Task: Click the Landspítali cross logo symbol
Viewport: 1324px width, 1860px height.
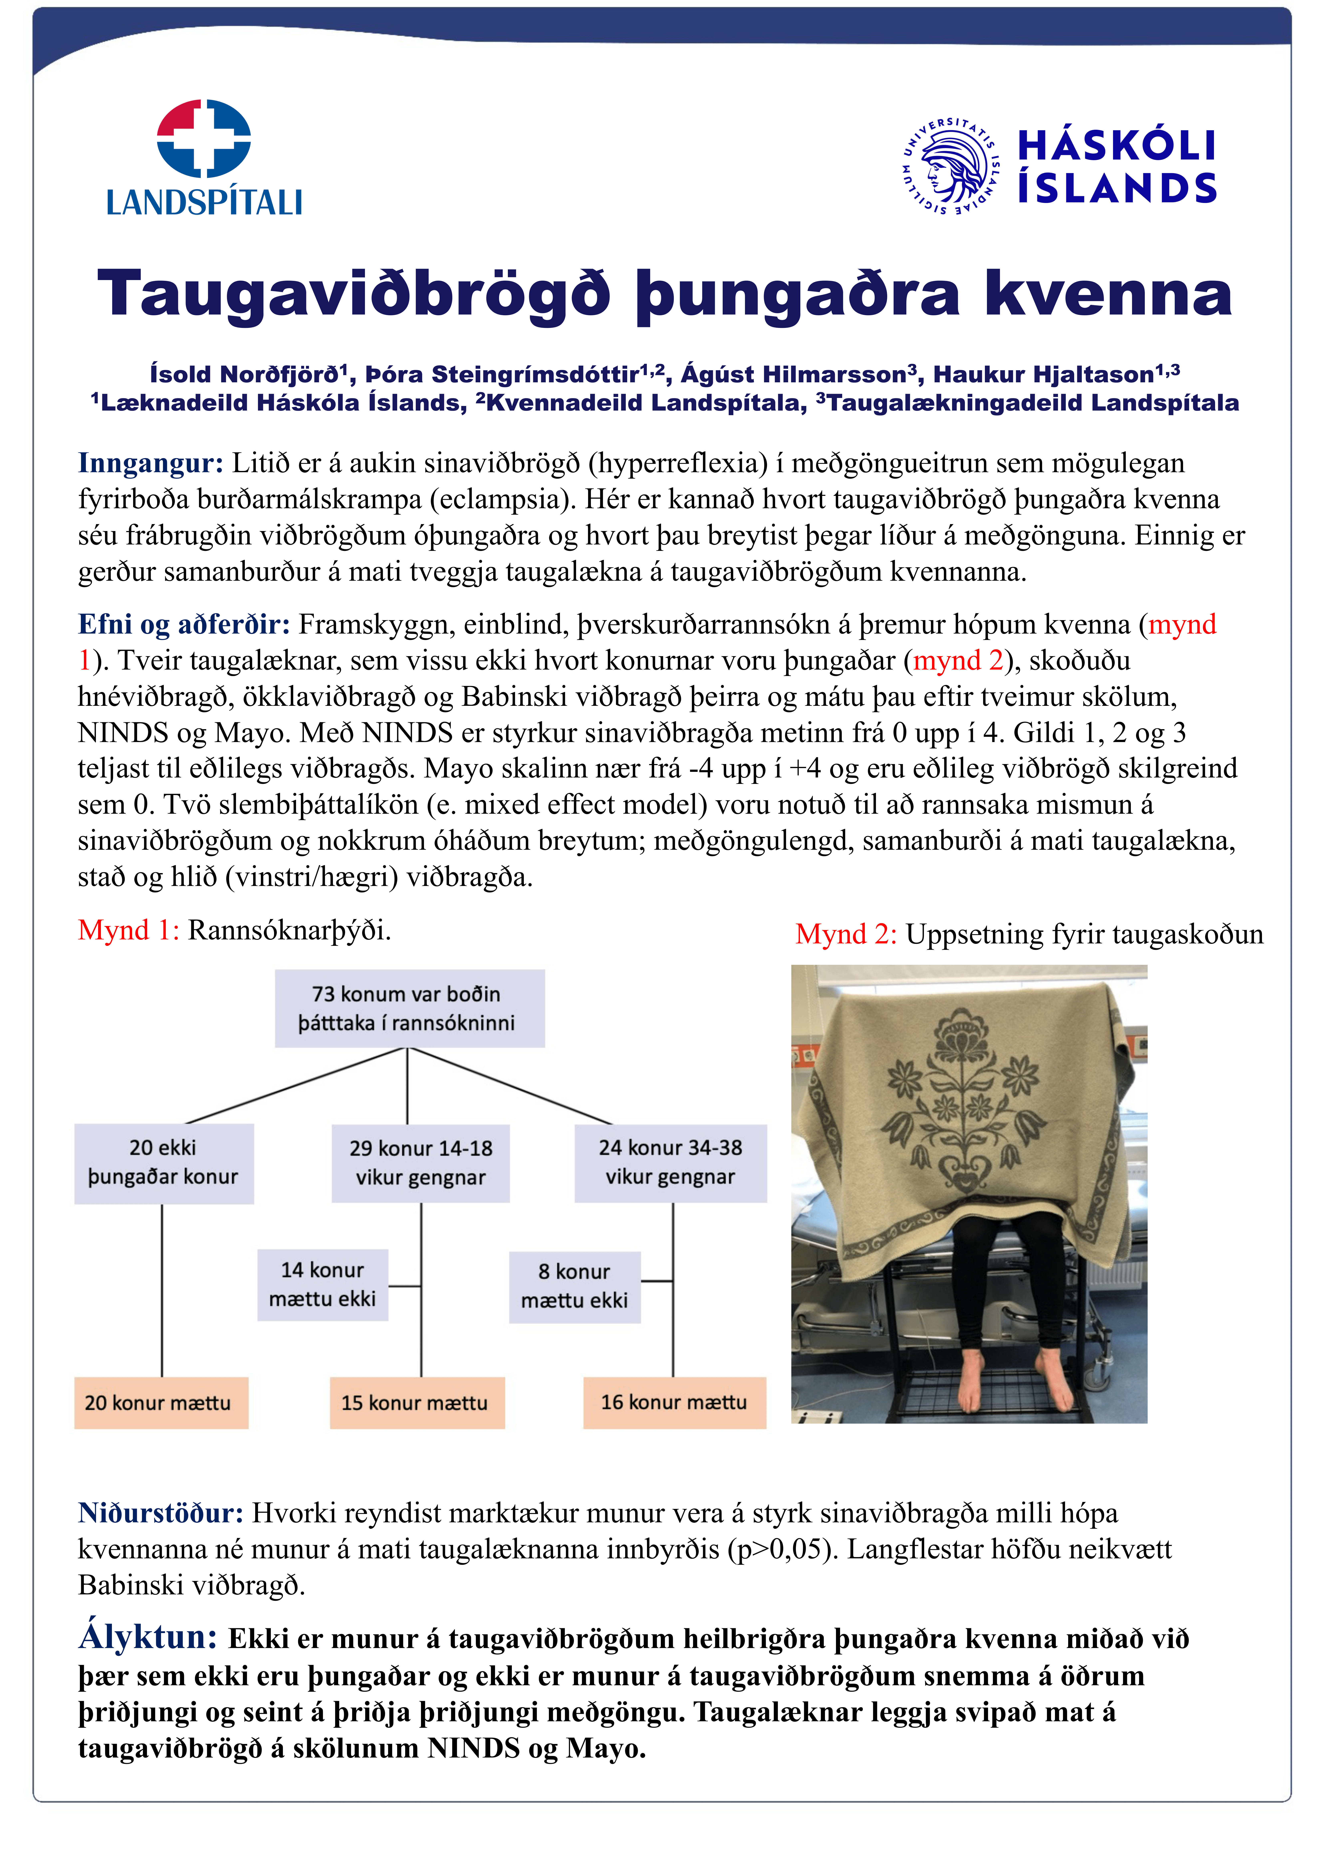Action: (204, 139)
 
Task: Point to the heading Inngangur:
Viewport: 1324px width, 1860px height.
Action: (150, 463)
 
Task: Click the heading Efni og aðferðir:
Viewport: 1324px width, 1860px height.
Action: (184, 624)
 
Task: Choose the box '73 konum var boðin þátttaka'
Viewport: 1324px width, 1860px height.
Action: (409, 1008)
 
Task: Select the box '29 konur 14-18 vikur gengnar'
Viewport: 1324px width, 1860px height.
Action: (421, 1163)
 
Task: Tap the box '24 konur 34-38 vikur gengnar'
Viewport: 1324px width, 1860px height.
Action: (670, 1162)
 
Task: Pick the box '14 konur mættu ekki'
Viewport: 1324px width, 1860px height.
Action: (323, 1285)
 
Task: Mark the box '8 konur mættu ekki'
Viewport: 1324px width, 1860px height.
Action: (575, 1286)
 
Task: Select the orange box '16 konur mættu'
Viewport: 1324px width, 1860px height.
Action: (674, 1402)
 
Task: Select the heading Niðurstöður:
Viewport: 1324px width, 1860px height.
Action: (161, 1513)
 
